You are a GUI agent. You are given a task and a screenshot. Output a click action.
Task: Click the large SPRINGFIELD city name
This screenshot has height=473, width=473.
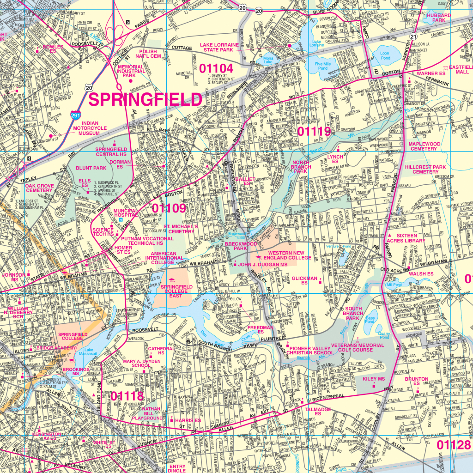tap(145, 99)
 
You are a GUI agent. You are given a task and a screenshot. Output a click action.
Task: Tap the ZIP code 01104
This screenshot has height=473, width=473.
tap(216, 68)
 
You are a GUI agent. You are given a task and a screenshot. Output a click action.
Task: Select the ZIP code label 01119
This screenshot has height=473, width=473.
tap(314, 132)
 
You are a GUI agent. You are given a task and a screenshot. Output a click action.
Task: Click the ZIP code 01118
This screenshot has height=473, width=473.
tap(127, 395)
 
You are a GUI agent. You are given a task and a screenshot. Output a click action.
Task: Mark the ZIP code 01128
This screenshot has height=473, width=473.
tap(454, 445)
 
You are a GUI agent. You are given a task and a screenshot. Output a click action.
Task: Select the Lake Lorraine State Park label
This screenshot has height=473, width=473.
tap(219, 48)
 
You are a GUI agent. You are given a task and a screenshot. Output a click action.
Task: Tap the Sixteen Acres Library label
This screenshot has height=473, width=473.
tap(407, 238)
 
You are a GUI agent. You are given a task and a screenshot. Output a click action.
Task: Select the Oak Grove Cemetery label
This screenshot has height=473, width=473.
tap(33, 188)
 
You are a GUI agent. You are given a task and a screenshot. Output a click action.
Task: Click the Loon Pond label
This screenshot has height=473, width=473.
tap(385, 56)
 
